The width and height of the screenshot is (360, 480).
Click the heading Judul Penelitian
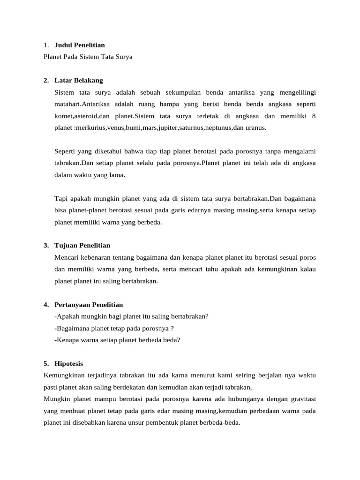tap(80, 45)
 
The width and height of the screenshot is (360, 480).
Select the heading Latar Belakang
tap(78, 80)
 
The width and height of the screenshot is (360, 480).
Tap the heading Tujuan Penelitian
tap(82, 245)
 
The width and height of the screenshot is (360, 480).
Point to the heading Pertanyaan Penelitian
tap(89, 305)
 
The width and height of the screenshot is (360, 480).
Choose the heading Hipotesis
tap(69, 364)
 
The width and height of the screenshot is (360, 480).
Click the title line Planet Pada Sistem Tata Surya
tap(88, 57)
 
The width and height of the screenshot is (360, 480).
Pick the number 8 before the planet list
tap(314, 116)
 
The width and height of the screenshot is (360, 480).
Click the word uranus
tap(255, 127)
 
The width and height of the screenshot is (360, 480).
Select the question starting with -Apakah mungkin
tap(132, 316)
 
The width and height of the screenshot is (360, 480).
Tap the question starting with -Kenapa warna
tap(117, 340)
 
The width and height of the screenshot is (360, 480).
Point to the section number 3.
tap(46, 245)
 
